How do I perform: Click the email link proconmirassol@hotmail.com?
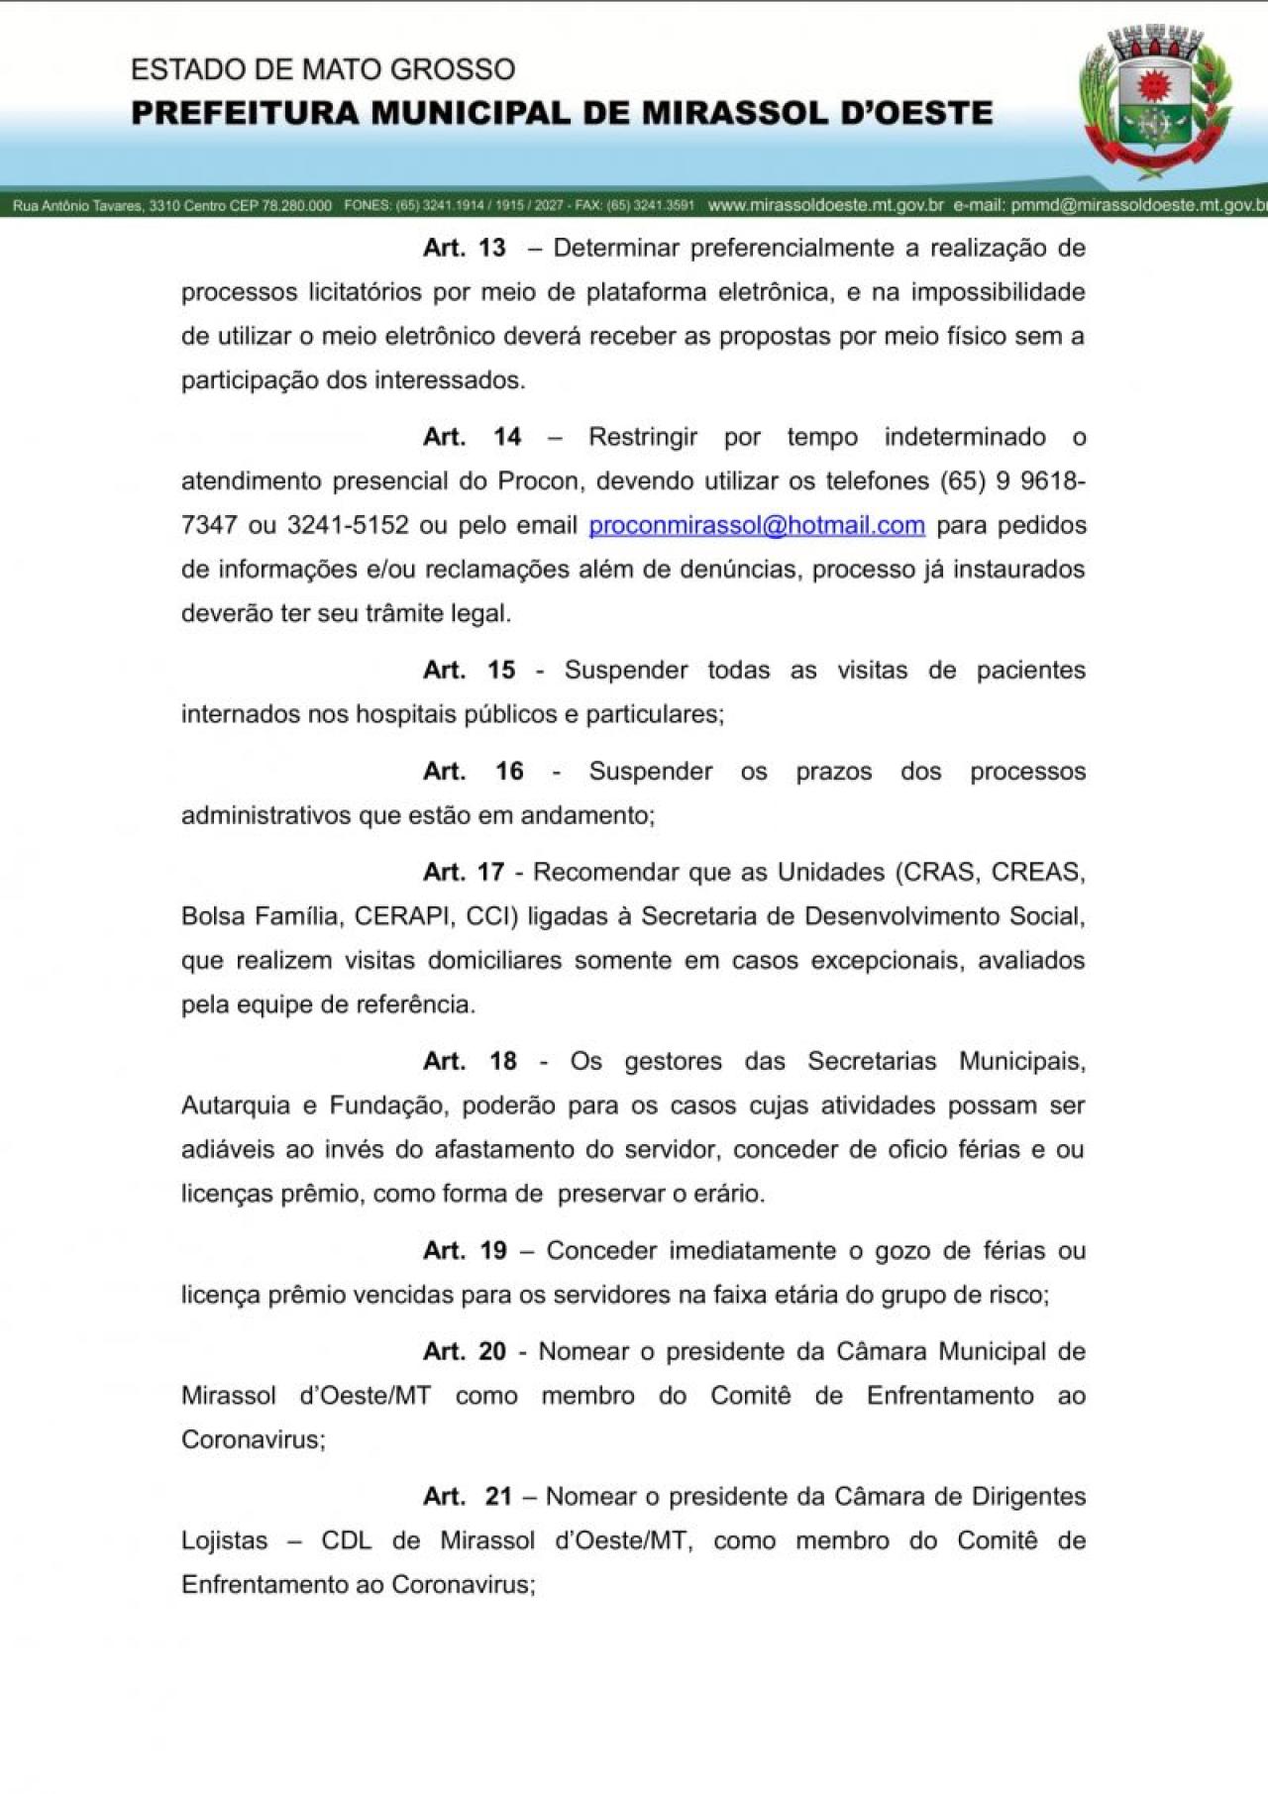point(757,525)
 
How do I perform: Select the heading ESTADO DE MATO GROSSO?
point(323,69)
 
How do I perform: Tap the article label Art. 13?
point(464,248)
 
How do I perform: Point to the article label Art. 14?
point(472,437)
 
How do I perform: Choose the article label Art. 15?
point(469,670)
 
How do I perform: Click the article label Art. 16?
point(473,771)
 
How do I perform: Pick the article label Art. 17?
point(464,872)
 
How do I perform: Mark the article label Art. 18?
point(470,1061)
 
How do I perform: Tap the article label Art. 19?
point(465,1250)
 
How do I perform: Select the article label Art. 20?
point(465,1351)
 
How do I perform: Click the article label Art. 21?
point(467,1496)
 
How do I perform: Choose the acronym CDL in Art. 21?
point(346,1540)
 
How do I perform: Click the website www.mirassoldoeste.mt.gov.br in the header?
point(825,206)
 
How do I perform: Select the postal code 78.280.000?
point(296,206)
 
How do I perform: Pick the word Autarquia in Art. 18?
point(236,1106)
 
